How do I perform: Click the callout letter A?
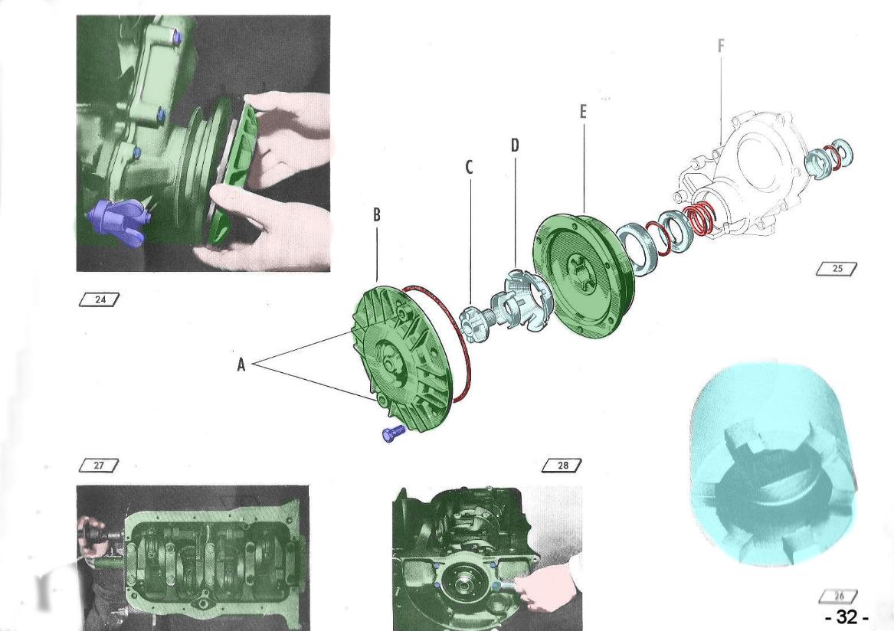241,365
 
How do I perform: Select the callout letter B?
377,215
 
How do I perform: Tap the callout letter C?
470,167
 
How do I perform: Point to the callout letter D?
515,146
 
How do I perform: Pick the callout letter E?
583,113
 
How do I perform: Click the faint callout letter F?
721,46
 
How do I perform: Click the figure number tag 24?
100,299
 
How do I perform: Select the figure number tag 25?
837,269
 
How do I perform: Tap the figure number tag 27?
100,465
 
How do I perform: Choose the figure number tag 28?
562,465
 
